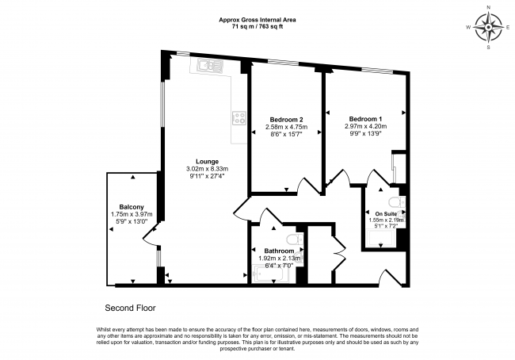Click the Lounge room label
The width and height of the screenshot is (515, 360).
(208, 162)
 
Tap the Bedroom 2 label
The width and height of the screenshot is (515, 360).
(286, 120)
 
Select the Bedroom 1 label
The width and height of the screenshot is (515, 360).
(365, 119)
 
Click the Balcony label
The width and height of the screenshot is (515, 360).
(132, 207)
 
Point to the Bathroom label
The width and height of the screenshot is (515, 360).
(279, 251)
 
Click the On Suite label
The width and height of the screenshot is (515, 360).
(386, 214)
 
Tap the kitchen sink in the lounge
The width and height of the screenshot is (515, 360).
(210, 66)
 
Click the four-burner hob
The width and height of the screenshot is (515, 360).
(239, 118)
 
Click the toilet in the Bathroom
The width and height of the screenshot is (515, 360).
(294, 239)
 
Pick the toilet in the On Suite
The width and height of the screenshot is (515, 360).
(396, 201)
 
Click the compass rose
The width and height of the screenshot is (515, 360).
(489, 27)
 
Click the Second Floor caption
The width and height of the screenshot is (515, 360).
(130, 308)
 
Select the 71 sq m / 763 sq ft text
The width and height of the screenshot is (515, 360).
(257, 27)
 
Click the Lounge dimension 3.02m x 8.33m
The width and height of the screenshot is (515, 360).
(208, 169)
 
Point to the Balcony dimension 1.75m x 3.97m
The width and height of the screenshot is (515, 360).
(132, 214)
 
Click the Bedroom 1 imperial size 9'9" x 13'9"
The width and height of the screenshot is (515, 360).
(365, 133)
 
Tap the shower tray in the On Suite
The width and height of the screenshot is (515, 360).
(381, 239)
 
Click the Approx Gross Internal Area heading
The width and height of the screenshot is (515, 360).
(257, 20)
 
